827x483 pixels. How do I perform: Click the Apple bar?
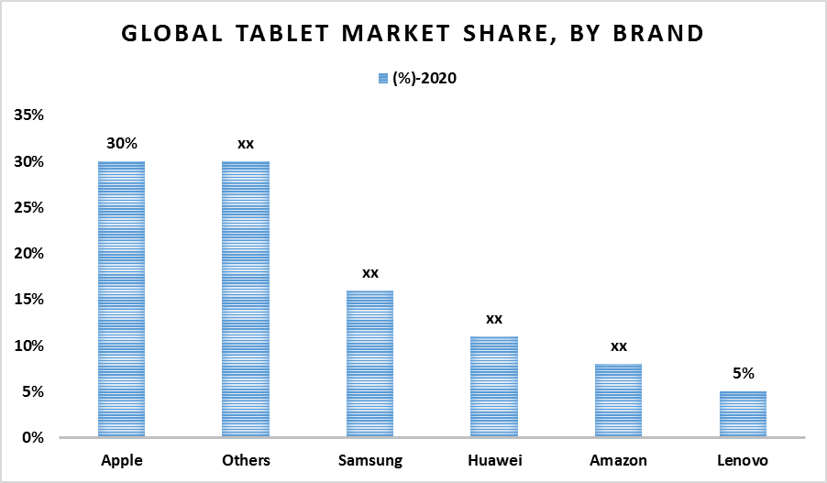click(121, 300)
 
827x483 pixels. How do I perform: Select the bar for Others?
click(245, 300)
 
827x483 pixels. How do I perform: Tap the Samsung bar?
click(369, 364)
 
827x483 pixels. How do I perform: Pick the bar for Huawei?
click(494, 387)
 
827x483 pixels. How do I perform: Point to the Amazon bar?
click(618, 401)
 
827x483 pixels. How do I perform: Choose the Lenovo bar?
click(743, 414)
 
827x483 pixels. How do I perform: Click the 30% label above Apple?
click(121, 144)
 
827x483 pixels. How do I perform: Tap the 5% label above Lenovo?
click(743, 373)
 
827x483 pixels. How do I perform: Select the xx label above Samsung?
click(369, 273)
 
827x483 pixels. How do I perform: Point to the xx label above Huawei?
click(494, 319)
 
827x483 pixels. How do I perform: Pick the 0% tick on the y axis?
click(34, 438)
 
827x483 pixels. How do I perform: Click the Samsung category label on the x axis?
click(369, 460)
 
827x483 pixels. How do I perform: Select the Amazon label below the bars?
click(618, 460)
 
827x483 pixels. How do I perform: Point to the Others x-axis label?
click(245, 460)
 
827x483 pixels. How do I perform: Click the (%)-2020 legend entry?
click(416, 79)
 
